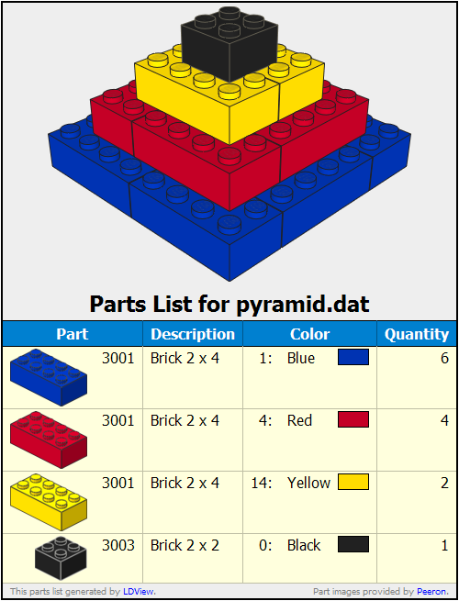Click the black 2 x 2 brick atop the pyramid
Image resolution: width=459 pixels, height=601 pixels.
point(229,43)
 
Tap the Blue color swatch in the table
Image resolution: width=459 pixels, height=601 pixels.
point(353,357)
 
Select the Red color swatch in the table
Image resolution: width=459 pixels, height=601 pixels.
point(353,419)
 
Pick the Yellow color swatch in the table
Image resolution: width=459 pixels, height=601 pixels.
point(353,482)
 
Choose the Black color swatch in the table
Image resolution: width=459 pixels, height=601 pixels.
point(353,544)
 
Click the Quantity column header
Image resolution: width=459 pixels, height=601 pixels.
point(417,334)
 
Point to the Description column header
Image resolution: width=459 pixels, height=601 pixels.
point(193,334)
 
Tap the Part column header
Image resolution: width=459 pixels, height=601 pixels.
point(73,334)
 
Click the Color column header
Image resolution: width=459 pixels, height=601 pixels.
point(309,334)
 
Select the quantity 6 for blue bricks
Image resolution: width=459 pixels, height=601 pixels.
point(444,358)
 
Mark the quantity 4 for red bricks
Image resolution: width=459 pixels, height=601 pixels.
point(444,420)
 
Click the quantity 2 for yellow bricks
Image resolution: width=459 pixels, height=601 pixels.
point(444,483)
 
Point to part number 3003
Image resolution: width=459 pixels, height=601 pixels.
point(118,545)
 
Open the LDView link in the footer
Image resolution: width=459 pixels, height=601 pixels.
point(139,592)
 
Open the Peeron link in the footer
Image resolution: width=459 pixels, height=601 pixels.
point(431,592)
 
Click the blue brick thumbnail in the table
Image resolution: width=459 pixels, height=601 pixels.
point(49,377)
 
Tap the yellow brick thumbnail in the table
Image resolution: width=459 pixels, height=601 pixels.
point(49,502)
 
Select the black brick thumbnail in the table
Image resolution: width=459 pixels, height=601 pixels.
point(61,558)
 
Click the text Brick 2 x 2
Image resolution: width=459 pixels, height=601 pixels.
point(185,545)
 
